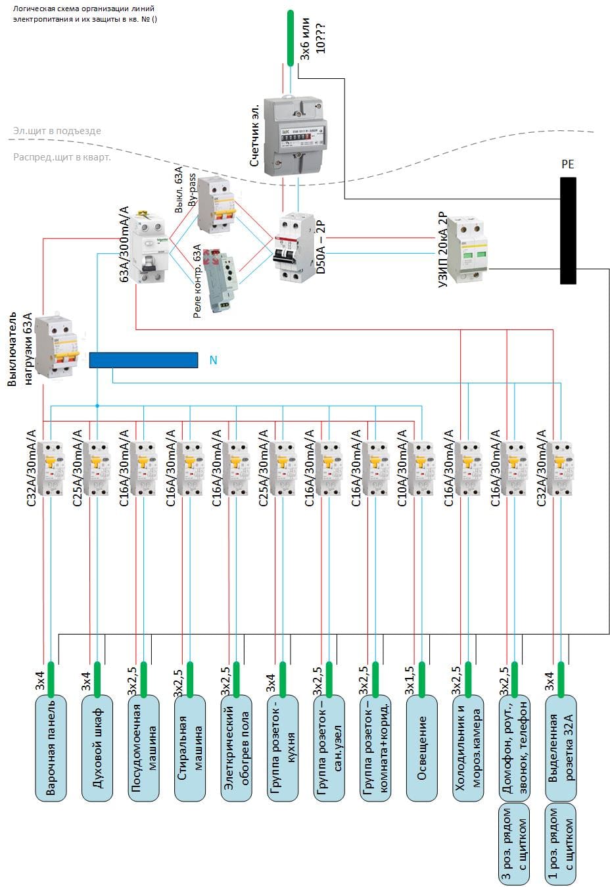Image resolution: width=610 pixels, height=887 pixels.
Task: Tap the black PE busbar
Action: (568, 230)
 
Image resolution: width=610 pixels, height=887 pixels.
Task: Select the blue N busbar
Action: (143, 360)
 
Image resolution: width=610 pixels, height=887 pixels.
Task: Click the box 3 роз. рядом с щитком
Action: (514, 843)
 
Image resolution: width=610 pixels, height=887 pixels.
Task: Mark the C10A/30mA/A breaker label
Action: (402, 467)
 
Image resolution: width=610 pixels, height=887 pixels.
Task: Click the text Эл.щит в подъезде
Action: (57, 131)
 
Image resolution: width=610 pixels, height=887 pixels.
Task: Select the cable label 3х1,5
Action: (410, 681)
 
